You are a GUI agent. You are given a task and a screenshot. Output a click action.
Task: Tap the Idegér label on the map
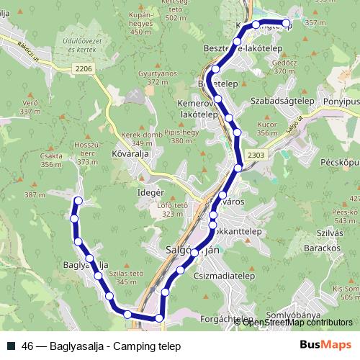tap(151, 195)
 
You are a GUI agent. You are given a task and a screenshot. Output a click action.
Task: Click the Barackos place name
tap(320, 248)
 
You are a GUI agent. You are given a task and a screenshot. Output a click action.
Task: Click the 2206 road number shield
tap(84, 68)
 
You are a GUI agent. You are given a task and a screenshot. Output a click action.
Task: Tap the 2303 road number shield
tap(256, 155)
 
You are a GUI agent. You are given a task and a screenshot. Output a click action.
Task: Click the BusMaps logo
tap(325, 345)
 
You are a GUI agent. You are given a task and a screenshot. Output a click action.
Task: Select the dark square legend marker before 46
tap(12, 346)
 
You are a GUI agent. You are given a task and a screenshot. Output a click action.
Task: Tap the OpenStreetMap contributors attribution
tap(297, 322)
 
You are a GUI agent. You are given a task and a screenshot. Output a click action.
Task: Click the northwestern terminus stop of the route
tap(78, 201)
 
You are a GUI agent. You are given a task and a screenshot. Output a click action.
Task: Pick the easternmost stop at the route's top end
tap(287, 24)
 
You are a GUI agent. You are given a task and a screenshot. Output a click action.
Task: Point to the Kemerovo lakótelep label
tap(197, 109)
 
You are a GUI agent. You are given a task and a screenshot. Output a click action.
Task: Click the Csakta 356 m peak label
tap(52, 161)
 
